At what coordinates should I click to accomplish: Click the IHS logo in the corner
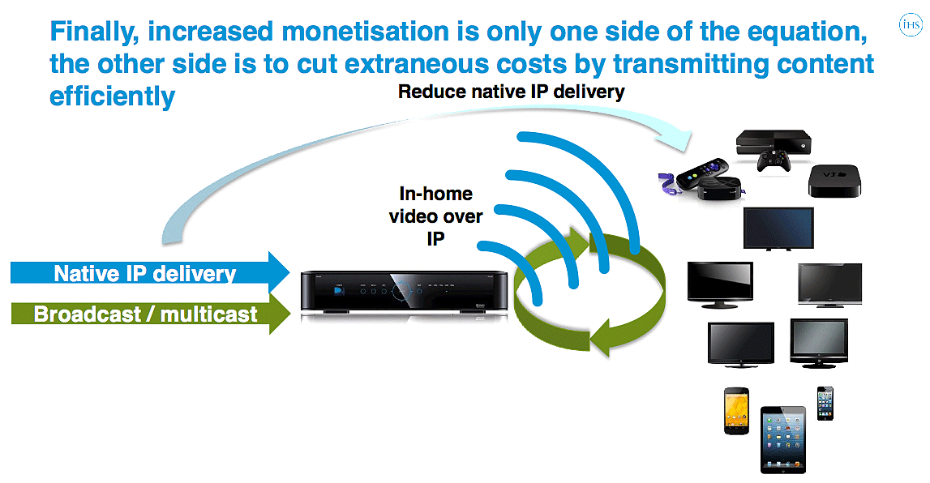911,27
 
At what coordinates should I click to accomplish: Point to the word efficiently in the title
113,96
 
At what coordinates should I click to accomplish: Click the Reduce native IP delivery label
512,92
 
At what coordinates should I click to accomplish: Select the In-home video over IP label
435,216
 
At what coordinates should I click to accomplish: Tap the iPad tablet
782,439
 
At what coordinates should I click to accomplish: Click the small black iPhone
825,403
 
